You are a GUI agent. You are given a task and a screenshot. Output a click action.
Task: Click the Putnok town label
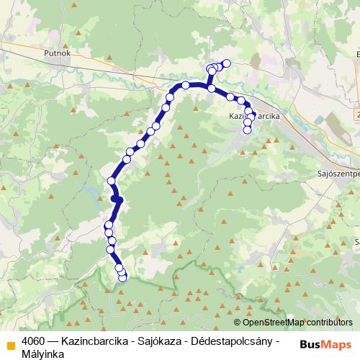(56, 53)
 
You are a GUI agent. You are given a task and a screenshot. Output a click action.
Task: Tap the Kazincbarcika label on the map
(253, 115)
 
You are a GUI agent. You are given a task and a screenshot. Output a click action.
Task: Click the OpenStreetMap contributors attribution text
(296, 323)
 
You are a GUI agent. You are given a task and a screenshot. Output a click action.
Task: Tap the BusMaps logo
(327, 344)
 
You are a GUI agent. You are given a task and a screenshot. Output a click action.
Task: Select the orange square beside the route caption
(10, 344)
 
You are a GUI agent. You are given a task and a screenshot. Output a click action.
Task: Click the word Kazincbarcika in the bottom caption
(95, 340)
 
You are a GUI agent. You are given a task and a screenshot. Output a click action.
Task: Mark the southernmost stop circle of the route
(122, 277)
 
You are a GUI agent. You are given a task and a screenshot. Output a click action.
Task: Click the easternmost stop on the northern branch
(226, 63)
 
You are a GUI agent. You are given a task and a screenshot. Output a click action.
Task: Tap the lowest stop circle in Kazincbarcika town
(248, 130)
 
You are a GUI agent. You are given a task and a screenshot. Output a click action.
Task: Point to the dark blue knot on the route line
(117, 199)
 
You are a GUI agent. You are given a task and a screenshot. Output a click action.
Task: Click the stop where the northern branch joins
(211, 88)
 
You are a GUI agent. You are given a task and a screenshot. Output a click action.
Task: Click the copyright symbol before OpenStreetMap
(237, 323)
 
